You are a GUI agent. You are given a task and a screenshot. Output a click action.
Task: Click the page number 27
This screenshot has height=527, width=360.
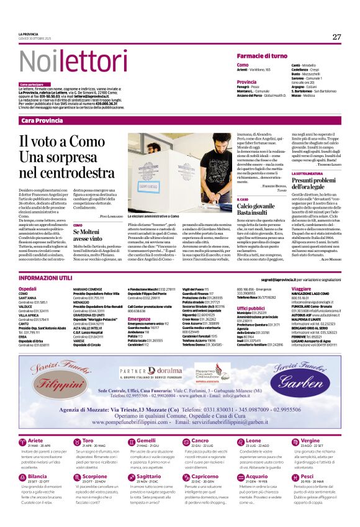click(x=336, y=37)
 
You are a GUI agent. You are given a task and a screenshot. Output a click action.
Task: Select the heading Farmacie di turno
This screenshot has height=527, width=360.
click(x=261, y=56)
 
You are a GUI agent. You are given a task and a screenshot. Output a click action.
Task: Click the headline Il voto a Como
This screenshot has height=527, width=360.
click(x=55, y=141)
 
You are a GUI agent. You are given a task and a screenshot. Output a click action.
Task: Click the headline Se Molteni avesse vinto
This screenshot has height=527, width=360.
click(x=87, y=234)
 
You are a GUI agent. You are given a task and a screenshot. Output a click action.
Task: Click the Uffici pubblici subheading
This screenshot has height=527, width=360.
click(x=251, y=308)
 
